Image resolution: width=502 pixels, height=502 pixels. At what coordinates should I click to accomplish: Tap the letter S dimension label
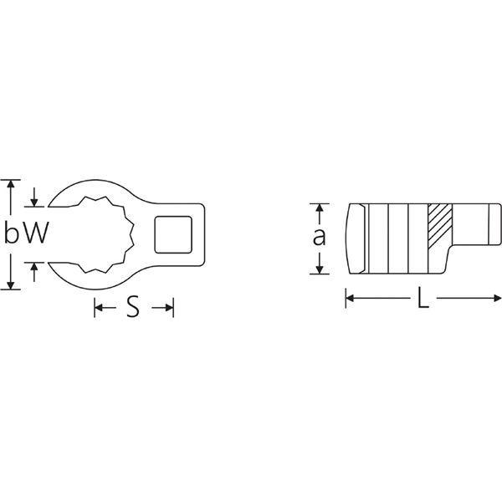pos(133,307)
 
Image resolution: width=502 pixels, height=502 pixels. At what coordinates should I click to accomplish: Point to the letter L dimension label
pos(423,299)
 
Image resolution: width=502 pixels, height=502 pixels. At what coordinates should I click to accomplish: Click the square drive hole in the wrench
pos(173,234)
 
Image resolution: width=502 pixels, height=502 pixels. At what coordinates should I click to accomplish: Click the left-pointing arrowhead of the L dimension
pos(350,299)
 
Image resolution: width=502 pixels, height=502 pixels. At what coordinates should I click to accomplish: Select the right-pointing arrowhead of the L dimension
pos(498,299)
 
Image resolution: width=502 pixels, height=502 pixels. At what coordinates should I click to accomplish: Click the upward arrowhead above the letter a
pos(320,208)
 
